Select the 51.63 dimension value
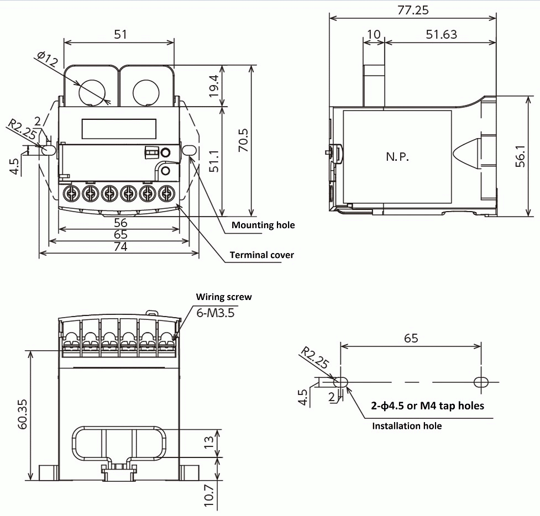tap(442, 34)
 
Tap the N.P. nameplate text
tap(397, 157)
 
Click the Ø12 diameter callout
tap(48, 60)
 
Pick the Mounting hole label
tap(263, 225)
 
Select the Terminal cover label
tap(261, 255)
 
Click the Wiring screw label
tap(224, 297)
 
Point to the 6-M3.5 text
tap(216, 313)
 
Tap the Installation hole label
tap(407, 426)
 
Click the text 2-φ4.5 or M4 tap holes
tap(427, 406)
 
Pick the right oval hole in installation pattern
tap(481, 382)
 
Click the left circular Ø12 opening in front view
tap(90, 92)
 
